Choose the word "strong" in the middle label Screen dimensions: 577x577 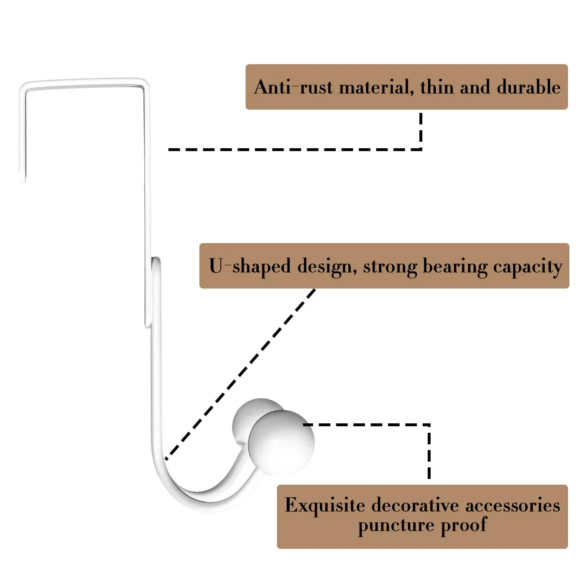point(390,267)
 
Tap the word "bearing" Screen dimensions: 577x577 point(455,267)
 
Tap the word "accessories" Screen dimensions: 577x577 point(512,505)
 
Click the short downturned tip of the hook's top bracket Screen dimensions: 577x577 point(22,173)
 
